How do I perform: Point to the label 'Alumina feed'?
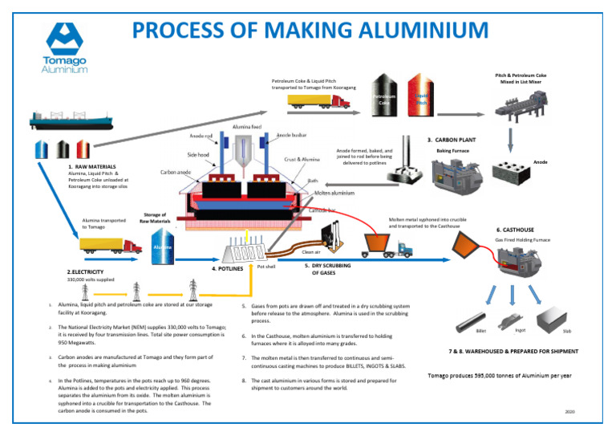pos(246,128)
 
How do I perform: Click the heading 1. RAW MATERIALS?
pos(95,166)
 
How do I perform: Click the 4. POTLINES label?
pos(227,270)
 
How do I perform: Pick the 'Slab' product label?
pos(567,330)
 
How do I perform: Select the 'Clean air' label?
pos(311,251)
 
